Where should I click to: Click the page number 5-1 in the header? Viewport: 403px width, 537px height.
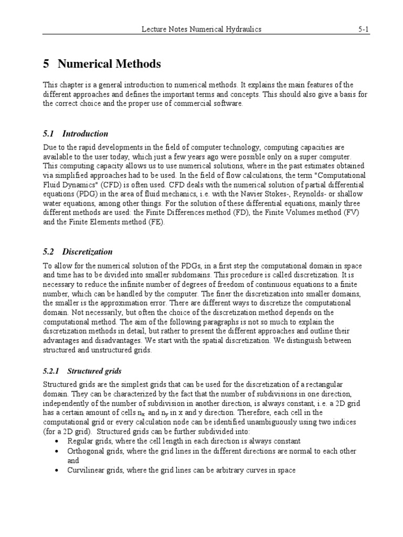364,30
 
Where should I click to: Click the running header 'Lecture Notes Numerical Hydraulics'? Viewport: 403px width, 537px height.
201,30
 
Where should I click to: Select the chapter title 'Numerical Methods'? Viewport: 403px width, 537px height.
109,64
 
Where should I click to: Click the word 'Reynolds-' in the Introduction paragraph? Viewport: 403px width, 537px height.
301,194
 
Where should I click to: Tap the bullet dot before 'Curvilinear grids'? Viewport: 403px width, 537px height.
57,470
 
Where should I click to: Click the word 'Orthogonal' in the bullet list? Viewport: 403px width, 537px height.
86,452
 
